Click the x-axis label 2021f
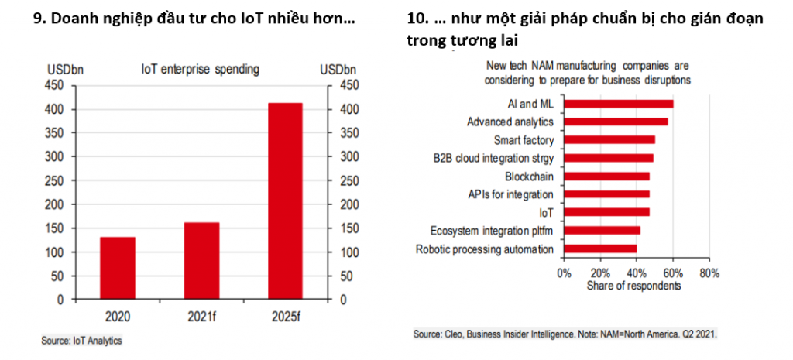pyautogui.click(x=201, y=316)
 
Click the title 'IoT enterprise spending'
pyautogui.click(x=200, y=69)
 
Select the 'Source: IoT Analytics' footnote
pyautogui.click(x=81, y=339)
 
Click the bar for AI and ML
pyautogui.click(x=618, y=103)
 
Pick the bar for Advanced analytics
pyautogui.click(x=616, y=122)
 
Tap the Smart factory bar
pyautogui.click(x=609, y=140)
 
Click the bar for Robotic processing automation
pyautogui.click(x=600, y=249)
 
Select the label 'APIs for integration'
pyautogui.click(x=511, y=194)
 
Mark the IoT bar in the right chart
pyautogui.click(x=606, y=212)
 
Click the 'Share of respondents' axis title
pyautogui.click(x=633, y=285)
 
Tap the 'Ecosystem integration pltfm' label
pyautogui.click(x=492, y=231)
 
